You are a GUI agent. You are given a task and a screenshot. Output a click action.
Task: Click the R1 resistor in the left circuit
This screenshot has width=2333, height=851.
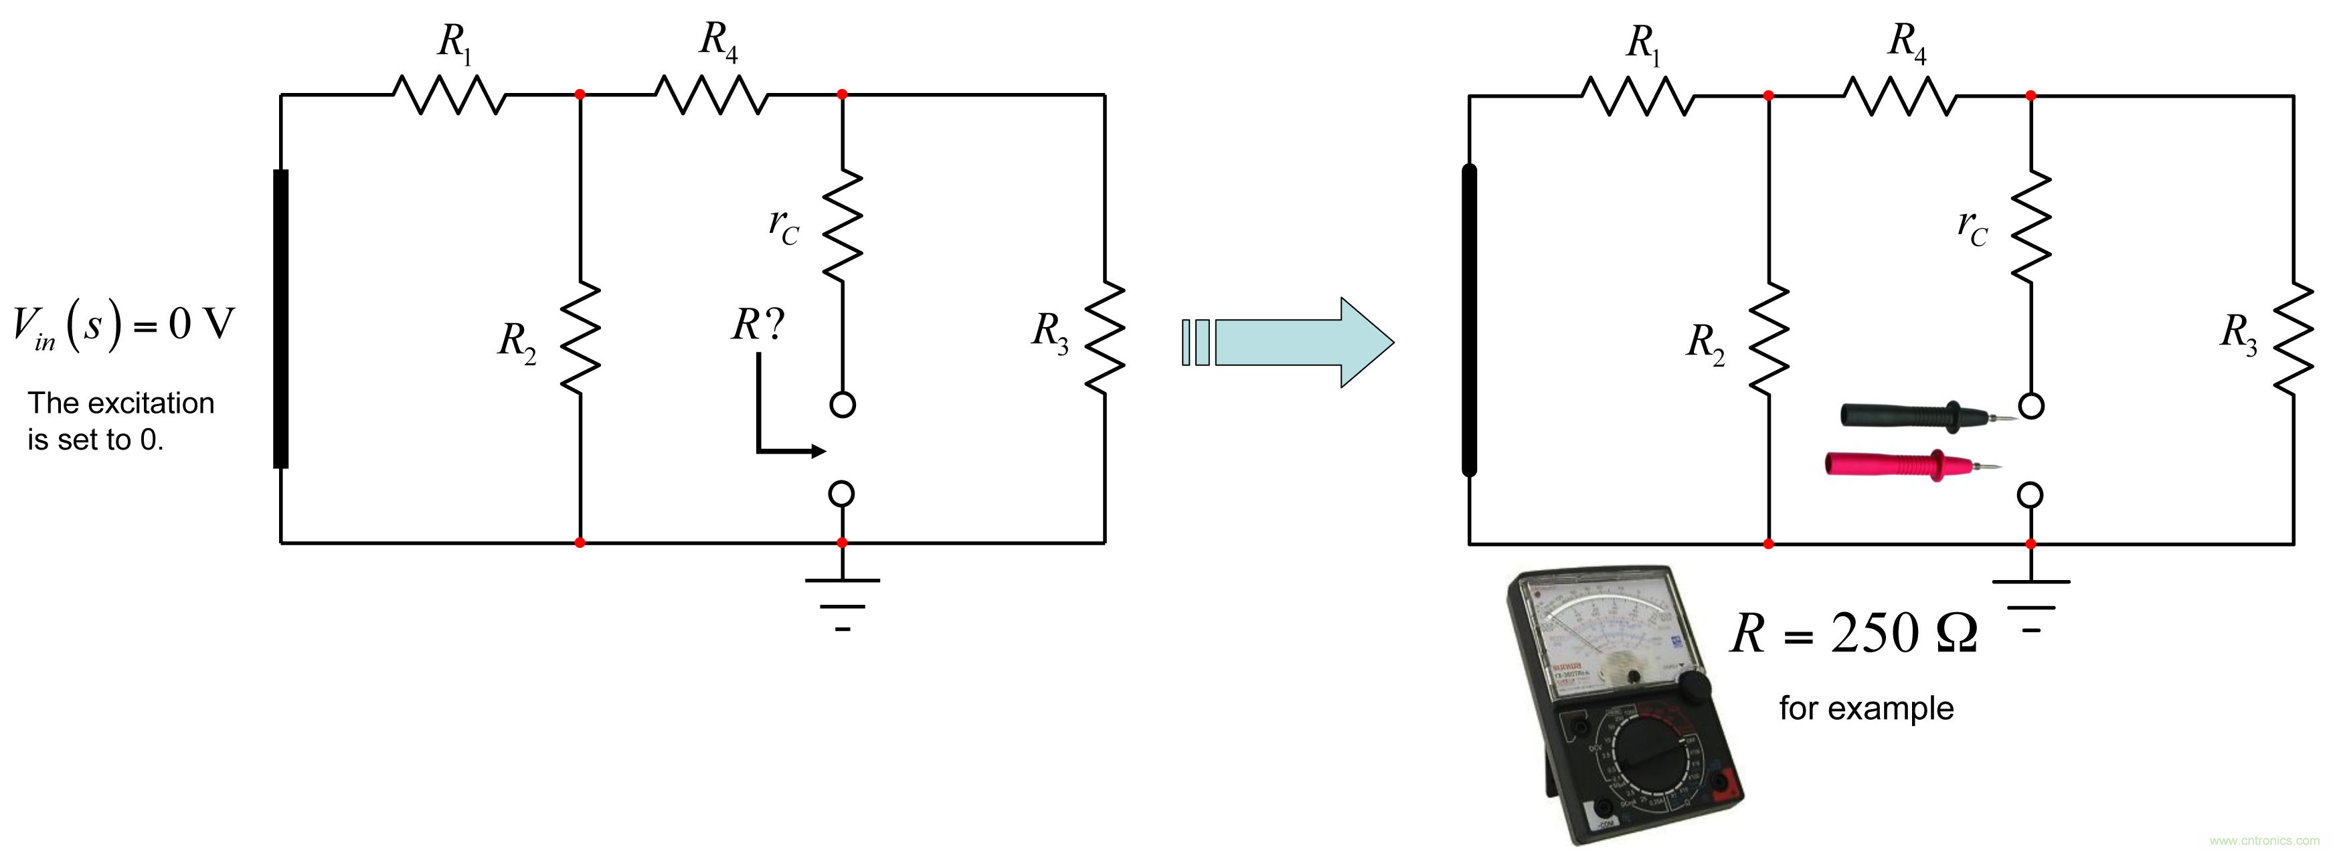click(449, 94)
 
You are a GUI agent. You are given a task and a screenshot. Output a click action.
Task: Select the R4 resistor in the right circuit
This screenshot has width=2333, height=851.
click(1900, 95)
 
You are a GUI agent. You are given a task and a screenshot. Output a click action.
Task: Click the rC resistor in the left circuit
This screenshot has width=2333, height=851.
click(843, 225)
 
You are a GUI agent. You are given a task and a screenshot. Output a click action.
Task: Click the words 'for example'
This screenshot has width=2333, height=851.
click(1866, 708)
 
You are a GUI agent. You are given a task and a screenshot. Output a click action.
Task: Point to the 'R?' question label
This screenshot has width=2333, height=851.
click(757, 324)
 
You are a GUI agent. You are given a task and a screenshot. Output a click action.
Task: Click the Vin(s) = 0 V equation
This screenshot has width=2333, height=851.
click(123, 326)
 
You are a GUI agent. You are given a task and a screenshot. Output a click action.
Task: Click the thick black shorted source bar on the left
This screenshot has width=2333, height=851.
click(281, 318)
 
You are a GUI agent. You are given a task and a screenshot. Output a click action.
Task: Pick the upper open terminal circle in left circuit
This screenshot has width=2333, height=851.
click(843, 405)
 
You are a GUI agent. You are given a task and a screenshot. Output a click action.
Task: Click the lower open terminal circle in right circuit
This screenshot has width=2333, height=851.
click(2030, 495)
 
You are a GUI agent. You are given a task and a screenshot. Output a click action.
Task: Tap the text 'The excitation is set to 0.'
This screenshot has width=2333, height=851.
click(120, 421)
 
